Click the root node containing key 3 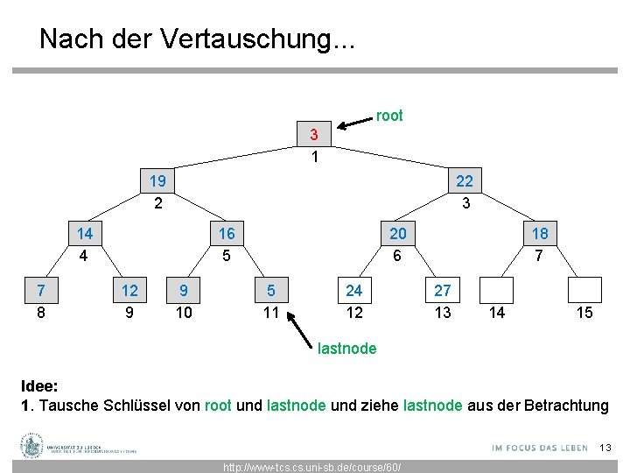pyautogui.click(x=313, y=135)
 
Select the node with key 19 pyautogui.click(x=158, y=182)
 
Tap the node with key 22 pyautogui.click(x=464, y=182)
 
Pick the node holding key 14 pyautogui.click(x=85, y=234)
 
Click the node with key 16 pyautogui.click(x=226, y=234)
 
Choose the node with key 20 pyautogui.click(x=397, y=234)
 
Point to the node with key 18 pyautogui.click(x=540, y=234)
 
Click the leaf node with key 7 pyautogui.click(x=40, y=290)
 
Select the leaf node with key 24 pyautogui.click(x=353, y=290)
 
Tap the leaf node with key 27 pyautogui.click(x=443, y=290)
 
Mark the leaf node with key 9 pyautogui.click(x=183, y=290)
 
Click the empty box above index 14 pyautogui.click(x=496, y=290)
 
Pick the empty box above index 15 pyautogui.click(x=584, y=290)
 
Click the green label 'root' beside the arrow pyautogui.click(x=389, y=116)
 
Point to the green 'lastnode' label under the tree pyautogui.click(x=347, y=349)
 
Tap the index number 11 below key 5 pyautogui.click(x=271, y=312)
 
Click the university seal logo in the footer pyautogui.click(x=32, y=446)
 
